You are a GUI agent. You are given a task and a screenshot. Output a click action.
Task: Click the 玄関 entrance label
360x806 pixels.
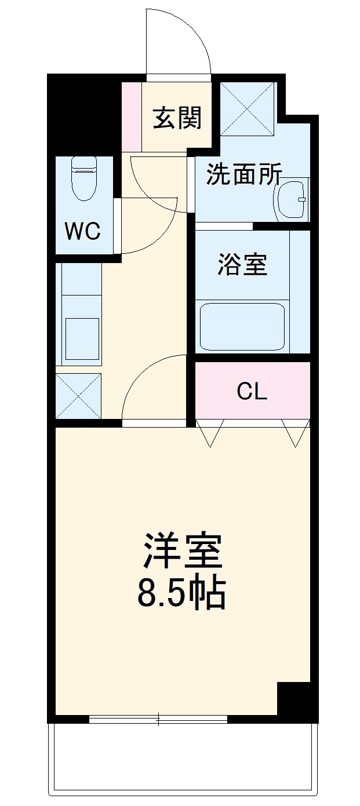(x=177, y=118)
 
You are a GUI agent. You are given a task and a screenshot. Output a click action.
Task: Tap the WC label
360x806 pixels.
(x=82, y=231)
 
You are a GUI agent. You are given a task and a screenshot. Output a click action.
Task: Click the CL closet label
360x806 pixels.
(x=252, y=392)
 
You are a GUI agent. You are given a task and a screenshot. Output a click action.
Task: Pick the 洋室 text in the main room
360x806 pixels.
(x=183, y=551)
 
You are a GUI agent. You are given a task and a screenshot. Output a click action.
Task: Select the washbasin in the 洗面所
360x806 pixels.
(x=292, y=200)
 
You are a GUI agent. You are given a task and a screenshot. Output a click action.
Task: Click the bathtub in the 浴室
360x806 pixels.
(x=242, y=326)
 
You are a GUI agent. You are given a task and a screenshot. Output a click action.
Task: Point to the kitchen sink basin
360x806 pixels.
(x=82, y=338)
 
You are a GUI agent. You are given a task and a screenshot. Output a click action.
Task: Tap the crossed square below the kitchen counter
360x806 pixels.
(x=78, y=396)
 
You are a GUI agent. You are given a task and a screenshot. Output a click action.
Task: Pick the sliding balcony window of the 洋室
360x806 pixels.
(x=158, y=719)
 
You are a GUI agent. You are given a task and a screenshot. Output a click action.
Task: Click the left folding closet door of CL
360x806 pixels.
(x=209, y=432)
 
